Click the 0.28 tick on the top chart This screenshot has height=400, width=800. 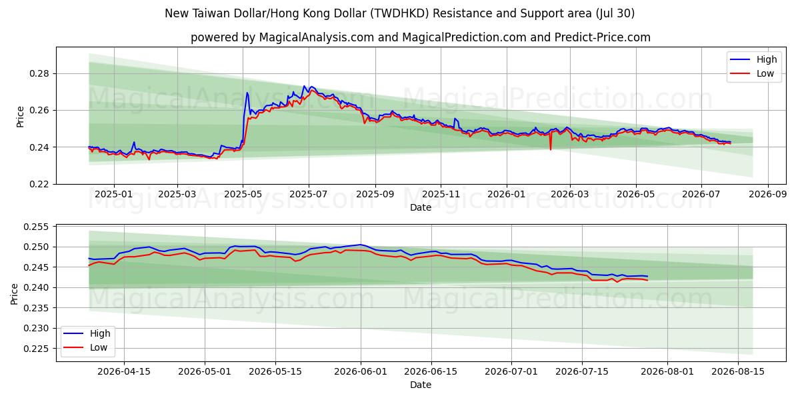pyautogui.click(x=39, y=74)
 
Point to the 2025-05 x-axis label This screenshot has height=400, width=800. pyautogui.click(x=243, y=194)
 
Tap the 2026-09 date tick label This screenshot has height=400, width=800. pyautogui.click(x=768, y=194)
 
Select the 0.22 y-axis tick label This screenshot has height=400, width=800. pyautogui.click(x=39, y=184)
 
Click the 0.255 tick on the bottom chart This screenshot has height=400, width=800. pyautogui.click(x=36, y=227)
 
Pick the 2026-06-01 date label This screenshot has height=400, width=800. pyautogui.click(x=361, y=371)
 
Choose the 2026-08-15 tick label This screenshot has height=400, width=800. pyautogui.click(x=738, y=371)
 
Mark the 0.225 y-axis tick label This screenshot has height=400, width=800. pyautogui.click(x=36, y=349)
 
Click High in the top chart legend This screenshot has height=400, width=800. pyautogui.click(x=767, y=59)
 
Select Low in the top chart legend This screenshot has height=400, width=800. pyautogui.click(x=765, y=73)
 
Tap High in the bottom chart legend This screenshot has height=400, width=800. pyautogui.click(x=100, y=333)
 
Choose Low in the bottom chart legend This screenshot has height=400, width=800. pyautogui.click(x=99, y=347)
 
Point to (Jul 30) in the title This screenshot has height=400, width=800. pyautogui.click(x=615, y=13)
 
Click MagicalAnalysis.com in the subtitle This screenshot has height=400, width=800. pyautogui.click(x=317, y=37)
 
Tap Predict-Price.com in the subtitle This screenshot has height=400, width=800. pyautogui.click(x=603, y=37)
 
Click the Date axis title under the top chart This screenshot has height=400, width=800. pyautogui.click(x=421, y=207)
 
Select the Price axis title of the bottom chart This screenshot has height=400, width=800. pyautogui.click(x=14, y=294)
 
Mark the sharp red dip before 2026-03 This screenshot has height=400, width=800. pyautogui.click(x=551, y=149)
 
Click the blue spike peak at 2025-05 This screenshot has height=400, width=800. pyautogui.click(x=247, y=93)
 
